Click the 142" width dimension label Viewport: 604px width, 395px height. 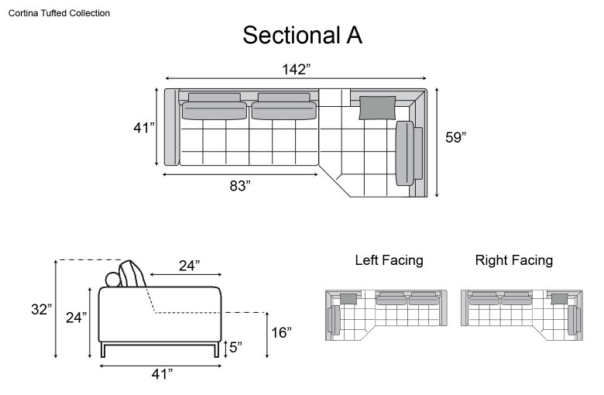click(296, 70)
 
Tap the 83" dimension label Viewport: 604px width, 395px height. click(240, 186)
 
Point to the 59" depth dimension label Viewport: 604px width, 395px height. click(455, 137)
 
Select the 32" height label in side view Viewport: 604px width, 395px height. click(42, 309)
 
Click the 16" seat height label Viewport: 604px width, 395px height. click(281, 332)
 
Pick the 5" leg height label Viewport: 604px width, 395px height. click(235, 347)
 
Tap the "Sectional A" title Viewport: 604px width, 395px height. click(302, 35)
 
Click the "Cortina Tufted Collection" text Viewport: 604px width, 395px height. click(59, 13)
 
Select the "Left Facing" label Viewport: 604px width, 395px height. click(389, 260)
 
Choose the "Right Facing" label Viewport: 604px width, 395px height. click(514, 260)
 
